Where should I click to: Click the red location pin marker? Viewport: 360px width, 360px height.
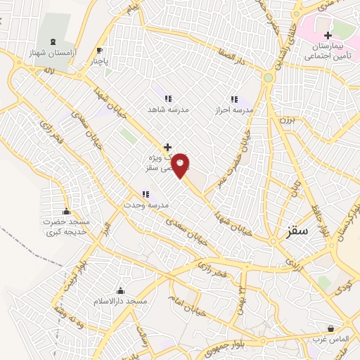[x=181, y=165]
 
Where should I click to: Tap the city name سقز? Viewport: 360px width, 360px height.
[x=302, y=230]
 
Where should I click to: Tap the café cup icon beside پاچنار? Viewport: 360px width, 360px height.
[x=99, y=49]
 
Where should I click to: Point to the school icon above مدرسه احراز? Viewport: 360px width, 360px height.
[x=233, y=99]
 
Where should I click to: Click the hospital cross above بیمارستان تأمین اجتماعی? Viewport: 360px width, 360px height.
[x=327, y=35]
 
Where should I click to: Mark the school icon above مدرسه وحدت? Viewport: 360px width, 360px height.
[x=145, y=193]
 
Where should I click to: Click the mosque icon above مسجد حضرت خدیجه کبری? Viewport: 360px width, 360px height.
[x=66, y=211]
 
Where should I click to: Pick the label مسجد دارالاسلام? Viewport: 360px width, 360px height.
[x=120, y=301]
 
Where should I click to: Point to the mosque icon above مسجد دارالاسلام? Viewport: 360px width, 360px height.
[x=120, y=290]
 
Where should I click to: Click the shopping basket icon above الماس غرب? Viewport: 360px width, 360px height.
[x=331, y=328]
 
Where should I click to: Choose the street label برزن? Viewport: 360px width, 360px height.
[x=285, y=120]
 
